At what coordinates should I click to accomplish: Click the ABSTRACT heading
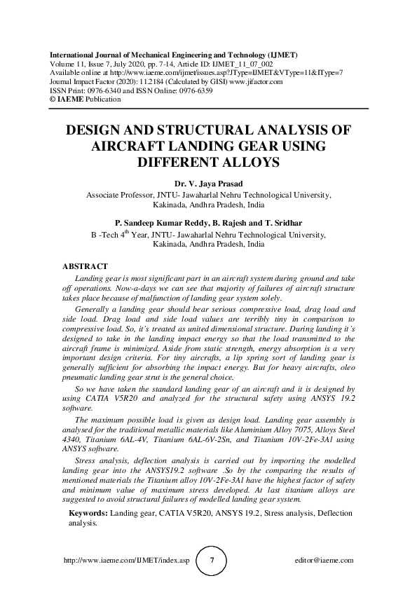(85, 267)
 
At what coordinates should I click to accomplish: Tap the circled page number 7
(212, 561)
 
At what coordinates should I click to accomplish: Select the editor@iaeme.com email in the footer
(325, 561)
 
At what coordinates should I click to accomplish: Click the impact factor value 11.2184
(142, 82)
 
